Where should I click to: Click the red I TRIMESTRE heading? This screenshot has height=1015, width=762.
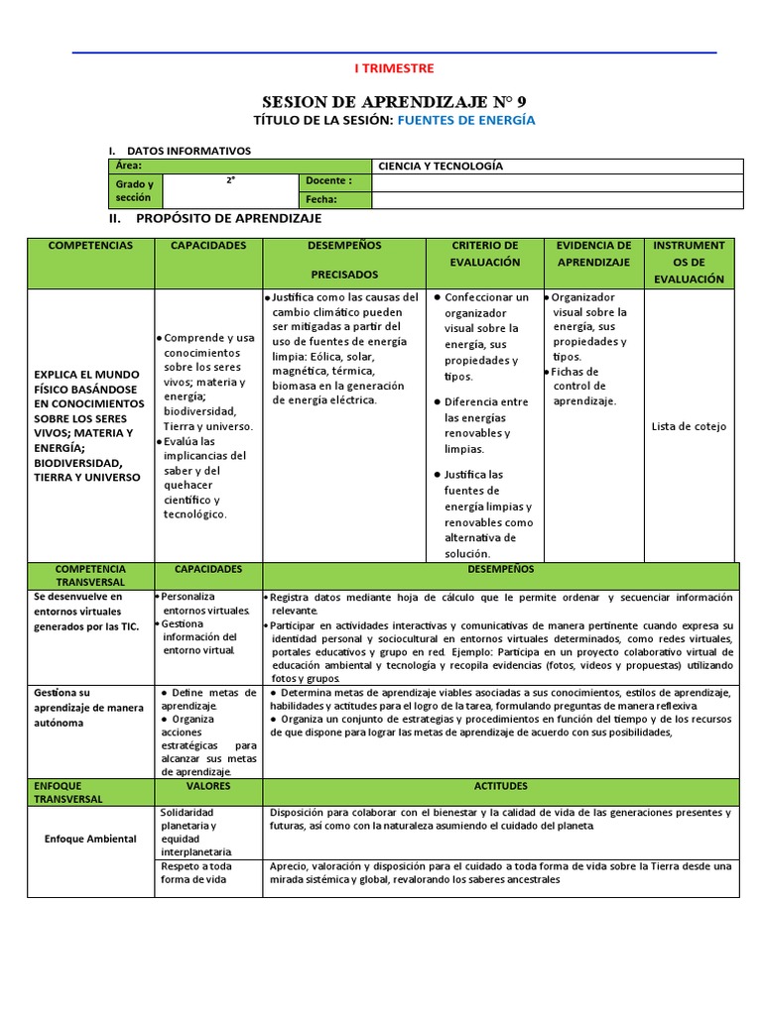[394, 68]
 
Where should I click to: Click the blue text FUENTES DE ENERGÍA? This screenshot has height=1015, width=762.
[466, 120]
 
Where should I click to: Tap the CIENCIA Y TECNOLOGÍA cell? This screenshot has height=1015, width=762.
[441, 167]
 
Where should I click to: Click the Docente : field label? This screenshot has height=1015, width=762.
[328, 181]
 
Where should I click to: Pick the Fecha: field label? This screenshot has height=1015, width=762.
[322, 199]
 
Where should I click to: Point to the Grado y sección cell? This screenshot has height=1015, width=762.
[134, 190]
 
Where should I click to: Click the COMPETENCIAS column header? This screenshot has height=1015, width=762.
[90, 246]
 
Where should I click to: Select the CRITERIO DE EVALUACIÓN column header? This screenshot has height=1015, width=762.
[484, 254]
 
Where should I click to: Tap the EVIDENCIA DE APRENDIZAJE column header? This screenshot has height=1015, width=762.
[593, 254]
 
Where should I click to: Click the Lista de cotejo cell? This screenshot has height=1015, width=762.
[689, 427]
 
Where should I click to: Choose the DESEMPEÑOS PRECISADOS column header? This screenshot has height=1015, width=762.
[344, 260]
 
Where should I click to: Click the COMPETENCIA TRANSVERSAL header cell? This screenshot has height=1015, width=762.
[90, 576]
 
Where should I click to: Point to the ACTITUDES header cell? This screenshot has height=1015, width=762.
[500, 786]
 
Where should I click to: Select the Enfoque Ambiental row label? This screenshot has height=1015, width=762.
[90, 840]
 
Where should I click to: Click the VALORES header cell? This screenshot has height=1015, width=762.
[208, 786]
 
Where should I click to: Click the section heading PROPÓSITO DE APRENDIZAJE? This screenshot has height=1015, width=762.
[228, 218]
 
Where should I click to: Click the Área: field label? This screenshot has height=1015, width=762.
[129, 167]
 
